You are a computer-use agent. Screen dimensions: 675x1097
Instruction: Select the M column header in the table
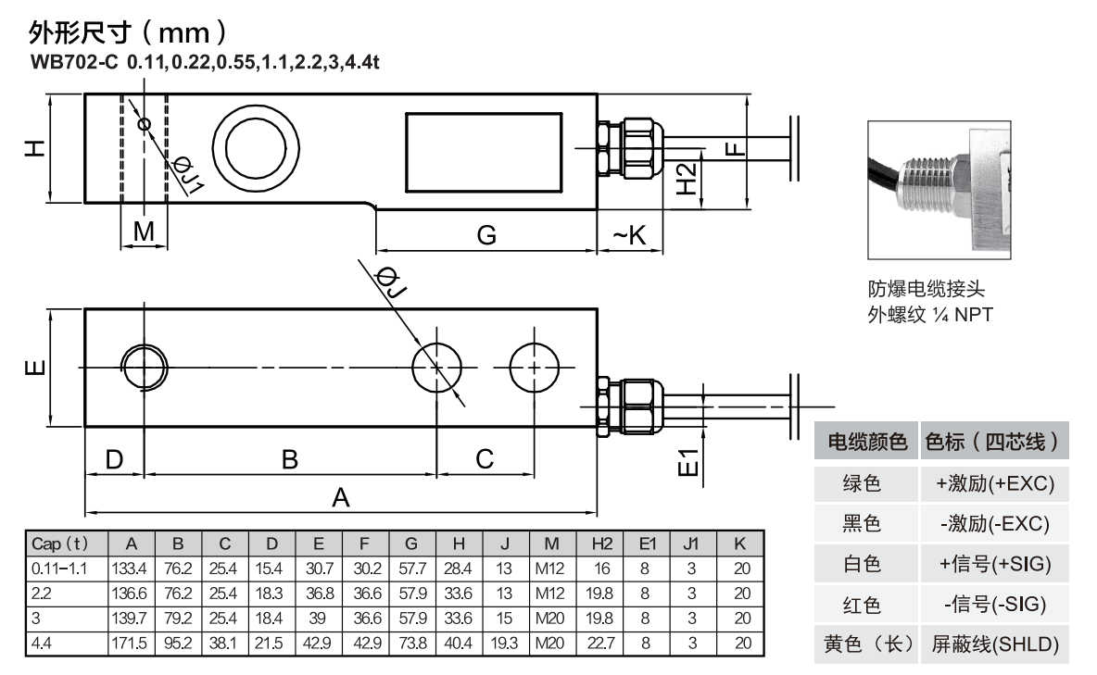pos(551,544)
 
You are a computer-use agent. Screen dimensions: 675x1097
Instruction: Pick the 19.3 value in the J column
pos(504,641)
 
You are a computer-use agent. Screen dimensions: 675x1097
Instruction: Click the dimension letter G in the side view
pos(485,235)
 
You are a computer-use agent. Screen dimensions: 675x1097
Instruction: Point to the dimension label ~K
pos(628,235)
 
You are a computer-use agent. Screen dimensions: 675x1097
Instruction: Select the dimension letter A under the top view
pos(341,498)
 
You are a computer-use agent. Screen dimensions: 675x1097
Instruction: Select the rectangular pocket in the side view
pos(482,148)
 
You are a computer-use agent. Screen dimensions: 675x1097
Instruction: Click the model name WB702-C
pos(75,63)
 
